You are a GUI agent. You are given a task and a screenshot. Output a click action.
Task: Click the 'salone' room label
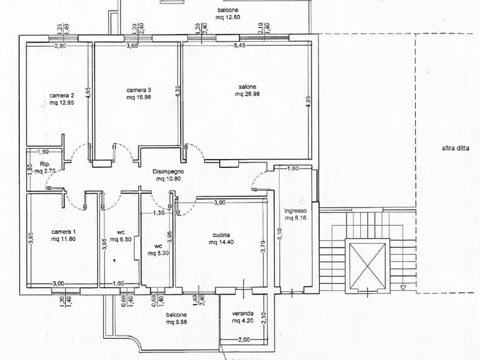[247, 87]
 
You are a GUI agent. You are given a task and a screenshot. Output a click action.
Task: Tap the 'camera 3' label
[139, 90]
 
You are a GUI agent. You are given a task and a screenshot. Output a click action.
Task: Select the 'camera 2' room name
[62, 95]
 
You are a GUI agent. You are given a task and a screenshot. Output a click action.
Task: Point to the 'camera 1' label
[64, 232]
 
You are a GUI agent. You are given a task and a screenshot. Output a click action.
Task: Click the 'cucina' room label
[221, 235]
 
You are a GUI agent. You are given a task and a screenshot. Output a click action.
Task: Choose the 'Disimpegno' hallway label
[169, 172]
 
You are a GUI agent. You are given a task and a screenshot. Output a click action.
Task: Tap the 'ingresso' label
[295, 211]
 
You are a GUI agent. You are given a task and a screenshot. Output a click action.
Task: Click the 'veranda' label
[242, 313]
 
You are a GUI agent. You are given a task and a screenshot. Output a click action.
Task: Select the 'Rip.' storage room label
[44, 164]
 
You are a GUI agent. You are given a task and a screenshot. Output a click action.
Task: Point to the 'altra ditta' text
[455, 148]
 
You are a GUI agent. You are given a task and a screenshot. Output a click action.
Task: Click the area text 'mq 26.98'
[247, 94]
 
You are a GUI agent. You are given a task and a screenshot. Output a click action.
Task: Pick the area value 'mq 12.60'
[228, 17]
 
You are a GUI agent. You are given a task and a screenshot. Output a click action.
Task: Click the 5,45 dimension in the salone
[239, 46]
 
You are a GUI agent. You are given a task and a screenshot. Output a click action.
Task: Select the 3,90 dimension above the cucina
[220, 202]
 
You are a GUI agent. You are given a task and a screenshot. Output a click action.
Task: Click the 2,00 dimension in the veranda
[244, 340]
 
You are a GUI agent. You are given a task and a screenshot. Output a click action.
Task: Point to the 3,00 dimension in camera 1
[58, 284]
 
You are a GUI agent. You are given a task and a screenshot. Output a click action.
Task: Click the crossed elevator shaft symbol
[367, 266]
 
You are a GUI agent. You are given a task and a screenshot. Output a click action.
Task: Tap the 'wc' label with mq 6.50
[121, 232]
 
